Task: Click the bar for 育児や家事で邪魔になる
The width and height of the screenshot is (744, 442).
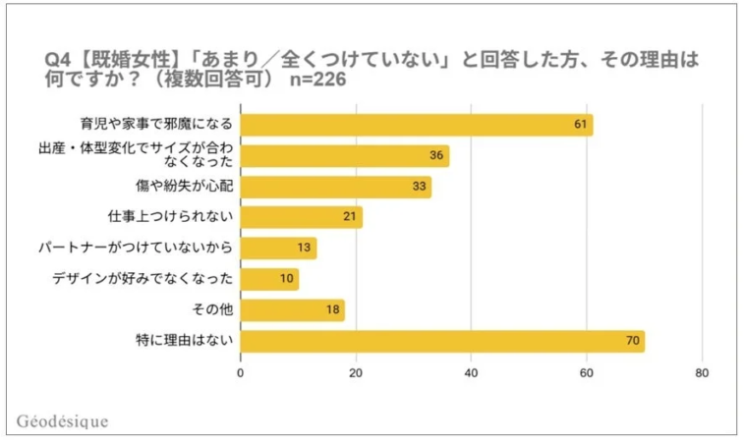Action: pos(417,125)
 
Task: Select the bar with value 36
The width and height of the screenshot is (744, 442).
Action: pos(344,156)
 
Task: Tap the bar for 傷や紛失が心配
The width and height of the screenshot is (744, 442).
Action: pos(335,187)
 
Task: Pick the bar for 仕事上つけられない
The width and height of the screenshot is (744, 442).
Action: pos(301,217)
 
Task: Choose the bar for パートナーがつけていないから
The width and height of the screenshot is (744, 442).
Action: pos(278,249)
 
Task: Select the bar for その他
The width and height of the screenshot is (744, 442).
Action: pos(292,310)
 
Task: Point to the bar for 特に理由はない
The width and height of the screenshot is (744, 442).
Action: pos(442,342)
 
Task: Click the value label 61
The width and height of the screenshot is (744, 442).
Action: pos(581,125)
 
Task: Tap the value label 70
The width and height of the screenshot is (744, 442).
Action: pos(633,342)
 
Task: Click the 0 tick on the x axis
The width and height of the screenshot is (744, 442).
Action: pos(241,373)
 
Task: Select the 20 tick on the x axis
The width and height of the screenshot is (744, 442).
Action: pos(356,373)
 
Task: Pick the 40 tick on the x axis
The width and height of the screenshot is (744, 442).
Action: pos(472,373)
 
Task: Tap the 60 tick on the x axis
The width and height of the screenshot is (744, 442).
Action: pos(587,373)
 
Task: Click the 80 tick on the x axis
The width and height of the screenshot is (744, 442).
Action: pos(702,373)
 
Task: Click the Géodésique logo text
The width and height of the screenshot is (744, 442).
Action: pos(63,421)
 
